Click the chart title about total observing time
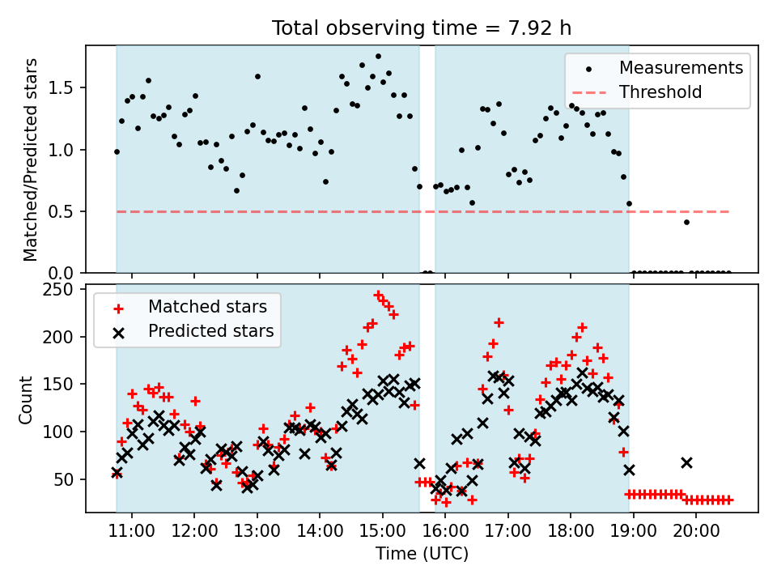pyautogui.click(x=422, y=28)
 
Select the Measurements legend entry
pyautogui.click(x=681, y=68)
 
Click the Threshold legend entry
pyautogui.click(x=660, y=92)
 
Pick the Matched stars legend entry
pyautogui.click(x=206, y=307)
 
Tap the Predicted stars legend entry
pyautogui.click(x=210, y=331)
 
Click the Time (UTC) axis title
pyautogui.click(x=422, y=555)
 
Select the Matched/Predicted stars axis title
pyautogui.click(x=31, y=160)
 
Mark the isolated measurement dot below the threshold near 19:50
pyautogui.click(x=686, y=222)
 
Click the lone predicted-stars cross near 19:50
pyautogui.click(x=686, y=462)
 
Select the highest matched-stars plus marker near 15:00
pyautogui.click(x=378, y=295)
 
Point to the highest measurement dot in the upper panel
pyautogui.click(x=378, y=57)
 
